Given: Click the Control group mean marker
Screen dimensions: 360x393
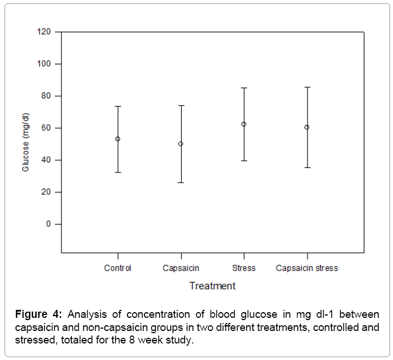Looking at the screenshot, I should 118,138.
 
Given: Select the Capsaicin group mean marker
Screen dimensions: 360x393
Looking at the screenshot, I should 181,144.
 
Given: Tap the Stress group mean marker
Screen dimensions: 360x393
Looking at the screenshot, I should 244,124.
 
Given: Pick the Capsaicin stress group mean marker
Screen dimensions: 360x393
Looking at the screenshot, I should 307,127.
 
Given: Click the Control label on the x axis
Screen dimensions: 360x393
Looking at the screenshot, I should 118,268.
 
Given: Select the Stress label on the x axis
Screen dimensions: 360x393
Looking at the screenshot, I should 244,268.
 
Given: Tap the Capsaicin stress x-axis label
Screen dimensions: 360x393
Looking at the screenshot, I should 307,268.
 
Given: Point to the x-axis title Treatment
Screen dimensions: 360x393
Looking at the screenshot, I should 212,285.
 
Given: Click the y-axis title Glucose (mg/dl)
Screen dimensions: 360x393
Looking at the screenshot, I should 26,142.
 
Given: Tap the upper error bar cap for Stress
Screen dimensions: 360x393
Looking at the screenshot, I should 244,88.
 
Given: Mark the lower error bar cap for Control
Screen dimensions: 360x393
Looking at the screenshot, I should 118,172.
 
